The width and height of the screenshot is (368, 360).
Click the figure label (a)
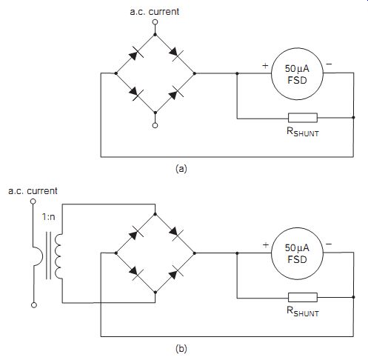click(x=181, y=169)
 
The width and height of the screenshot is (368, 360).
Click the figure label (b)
click(x=181, y=348)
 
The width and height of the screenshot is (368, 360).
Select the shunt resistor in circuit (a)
click(x=303, y=118)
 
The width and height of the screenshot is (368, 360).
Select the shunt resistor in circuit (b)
click(x=303, y=297)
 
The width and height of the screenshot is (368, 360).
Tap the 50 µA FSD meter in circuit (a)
click(x=297, y=74)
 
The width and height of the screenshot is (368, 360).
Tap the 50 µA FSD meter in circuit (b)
click(x=297, y=253)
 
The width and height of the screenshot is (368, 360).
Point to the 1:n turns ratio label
click(x=48, y=217)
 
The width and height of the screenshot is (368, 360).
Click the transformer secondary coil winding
click(x=58, y=256)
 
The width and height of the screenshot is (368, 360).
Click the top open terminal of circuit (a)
click(x=155, y=22)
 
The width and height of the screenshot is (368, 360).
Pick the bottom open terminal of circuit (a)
click(x=155, y=125)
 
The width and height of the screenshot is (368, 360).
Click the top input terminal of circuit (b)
click(x=33, y=201)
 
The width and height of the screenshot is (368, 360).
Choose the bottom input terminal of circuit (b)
click(x=34, y=305)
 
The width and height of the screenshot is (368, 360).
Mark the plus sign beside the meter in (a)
click(x=265, y=65)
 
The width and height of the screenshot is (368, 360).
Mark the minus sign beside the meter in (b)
click(x=329, y=244)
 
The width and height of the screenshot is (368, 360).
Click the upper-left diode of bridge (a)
click(x=136, y=54)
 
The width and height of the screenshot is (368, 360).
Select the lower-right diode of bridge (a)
click(x=175, y=93)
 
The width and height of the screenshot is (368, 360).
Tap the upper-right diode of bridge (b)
click(x=175, y=233)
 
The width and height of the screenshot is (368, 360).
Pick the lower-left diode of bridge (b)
click(x=136, y=273)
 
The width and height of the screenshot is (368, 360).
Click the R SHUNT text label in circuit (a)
click(x=303, y=132)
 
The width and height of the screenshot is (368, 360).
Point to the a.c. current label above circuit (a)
click(x=155, y=12)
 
